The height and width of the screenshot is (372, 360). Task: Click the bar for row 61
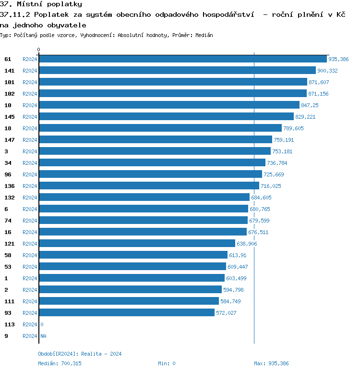pyautogui.click(x=182, y=59)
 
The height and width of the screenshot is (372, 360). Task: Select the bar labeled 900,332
pyautogui.click(x=177, y=70)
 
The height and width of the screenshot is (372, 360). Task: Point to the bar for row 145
pyautogui.click(x=166, y=116)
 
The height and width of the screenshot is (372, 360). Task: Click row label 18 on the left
pyautogui.click(x=8, y=128)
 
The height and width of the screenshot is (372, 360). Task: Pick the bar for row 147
pyautogui.click(x=156, y=139)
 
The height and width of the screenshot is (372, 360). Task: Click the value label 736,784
pyautogui.click(x=277, y=163)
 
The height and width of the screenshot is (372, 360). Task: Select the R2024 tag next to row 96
pyautogui.click(x=30, y=174)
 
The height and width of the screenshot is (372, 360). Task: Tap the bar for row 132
pyautogui.click(x=144, y=197)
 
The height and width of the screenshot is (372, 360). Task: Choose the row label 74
pyautogui.click(x=8, y=221)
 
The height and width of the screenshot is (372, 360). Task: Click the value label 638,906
pyautogui.click(x=247, y=244)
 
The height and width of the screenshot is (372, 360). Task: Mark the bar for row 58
pyautogui.click(x=133, y=255)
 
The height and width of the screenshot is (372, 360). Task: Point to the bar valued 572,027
pyautogui.click(x=127, y=312)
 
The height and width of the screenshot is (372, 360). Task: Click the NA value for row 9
pyautogui.click(x=43, y=336)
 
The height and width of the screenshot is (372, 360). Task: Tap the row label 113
pyautogui.click(x=9, y=324)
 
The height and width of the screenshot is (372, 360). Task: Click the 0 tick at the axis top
pyautogui.click(x=39, y=50)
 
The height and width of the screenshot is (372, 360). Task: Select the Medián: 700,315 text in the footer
pyautogui.click(x=60, y=363)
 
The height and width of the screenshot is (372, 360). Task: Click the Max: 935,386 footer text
pyautogui.click(x=271, y=363)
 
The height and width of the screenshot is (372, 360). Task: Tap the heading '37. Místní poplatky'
pyautogui.click(x=41, y=4)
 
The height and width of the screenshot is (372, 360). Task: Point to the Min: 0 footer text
pyautogui.click(x=167, y=363)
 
